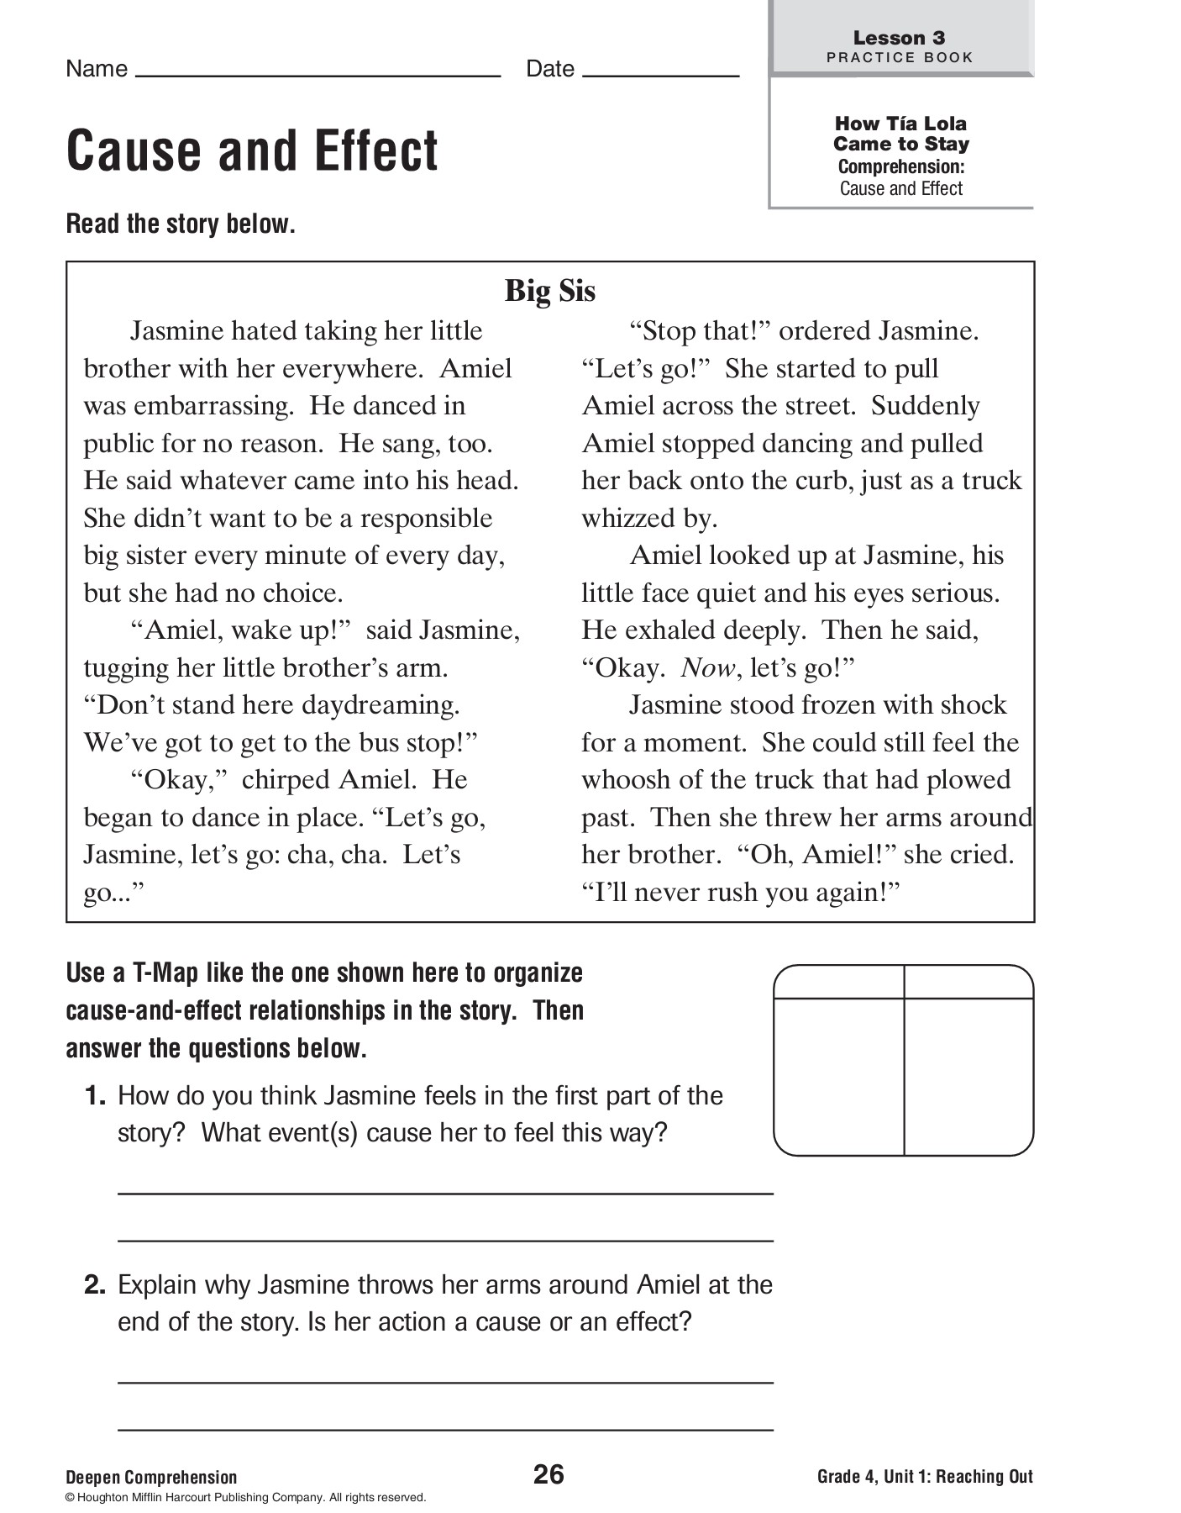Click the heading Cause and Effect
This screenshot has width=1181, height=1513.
[252, 151]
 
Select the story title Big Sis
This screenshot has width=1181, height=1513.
[550, 291]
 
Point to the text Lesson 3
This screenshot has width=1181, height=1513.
[899, 38]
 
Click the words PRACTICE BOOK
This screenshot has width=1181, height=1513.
[900, 58]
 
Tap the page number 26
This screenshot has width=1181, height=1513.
[549, 1473]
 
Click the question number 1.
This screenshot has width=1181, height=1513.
[94, 1095]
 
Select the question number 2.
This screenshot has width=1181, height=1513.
[94, 1284]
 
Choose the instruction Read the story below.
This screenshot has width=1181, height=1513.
[181, 224]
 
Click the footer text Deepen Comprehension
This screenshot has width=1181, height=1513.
[151, 1477]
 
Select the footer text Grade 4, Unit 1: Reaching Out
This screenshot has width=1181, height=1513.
[925, 1476]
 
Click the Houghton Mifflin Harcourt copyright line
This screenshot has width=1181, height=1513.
[245, 1497]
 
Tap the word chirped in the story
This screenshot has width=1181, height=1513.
[286, 780]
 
